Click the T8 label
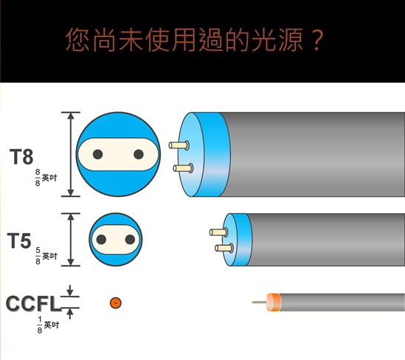(21, 156)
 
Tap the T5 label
(19, 240)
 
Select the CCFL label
(32, 303)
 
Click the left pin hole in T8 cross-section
(97, 154)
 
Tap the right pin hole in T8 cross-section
(139, 154)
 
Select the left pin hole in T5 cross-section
(101, 240)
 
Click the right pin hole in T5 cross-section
(130, 240)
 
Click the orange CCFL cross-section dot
(116, 302)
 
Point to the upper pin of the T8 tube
(179, 145)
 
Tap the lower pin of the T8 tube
(183, 168)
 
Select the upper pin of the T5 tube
(218, 232)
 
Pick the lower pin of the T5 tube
(224, 248)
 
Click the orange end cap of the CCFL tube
(274, 302)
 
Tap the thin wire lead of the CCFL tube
(259, 302)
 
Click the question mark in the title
(316, 40)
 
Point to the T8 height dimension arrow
(71, 154)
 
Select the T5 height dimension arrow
(71, 240)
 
